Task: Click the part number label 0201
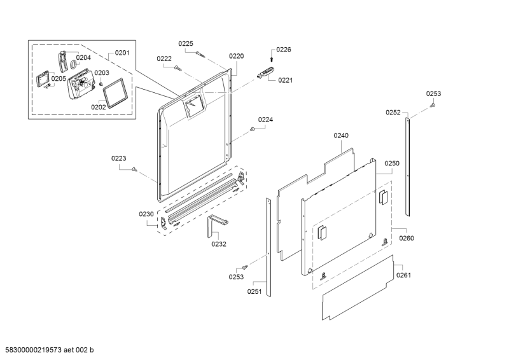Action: [x=122, y=53]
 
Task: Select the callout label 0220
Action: [x=236, y=56]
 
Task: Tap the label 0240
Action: [x=342, y=135]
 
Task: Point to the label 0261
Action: [x=404, y=275]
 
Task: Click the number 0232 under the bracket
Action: [x=219, y=243]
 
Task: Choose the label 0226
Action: [x=283, y=49]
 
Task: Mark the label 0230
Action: [x=146, y=214]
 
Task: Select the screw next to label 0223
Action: [x=135, y=169]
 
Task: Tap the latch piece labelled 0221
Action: [x=265, y=74]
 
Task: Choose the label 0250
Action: [x=391, y=163]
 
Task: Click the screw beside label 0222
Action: [x=179, y=66]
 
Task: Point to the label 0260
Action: [x=406, y=239]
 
